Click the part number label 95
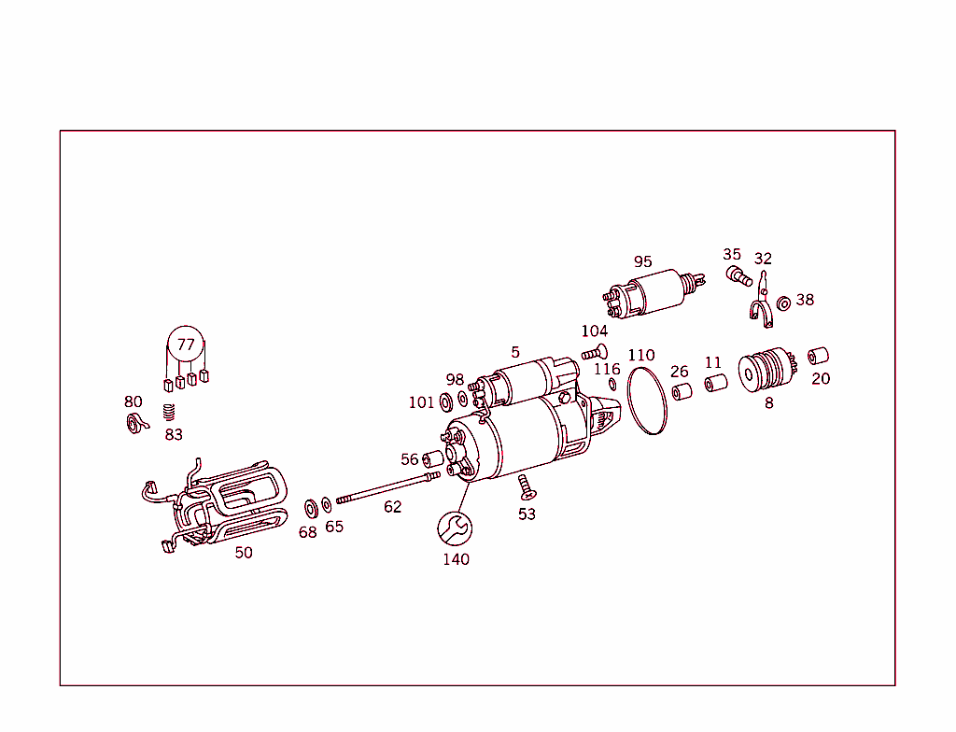click(x=642, y=262)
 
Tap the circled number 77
click(x=186, y=345)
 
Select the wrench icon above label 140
click(x=455, y=528)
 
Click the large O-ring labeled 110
click(x=647, y=401)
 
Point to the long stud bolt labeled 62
click(x=387, y=488)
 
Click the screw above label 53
click(x=525, y=485)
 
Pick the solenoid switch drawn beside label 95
click(x=650, y=292)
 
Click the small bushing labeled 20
click(x=818, y=356)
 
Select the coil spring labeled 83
click(x=169, y=412)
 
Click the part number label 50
click(x=243, y=553)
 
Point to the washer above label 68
click(x=310, y=509)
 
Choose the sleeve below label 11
click(x=715, y=384)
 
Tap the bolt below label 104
click(x=592, y=352)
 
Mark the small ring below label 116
click(x=612, y=385)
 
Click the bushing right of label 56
click(x=433, y=459)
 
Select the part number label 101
click(x=421, y=402)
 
